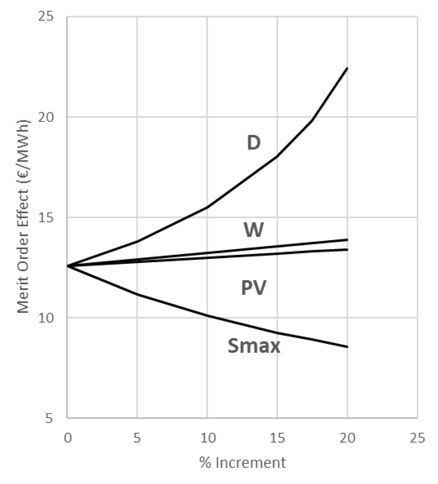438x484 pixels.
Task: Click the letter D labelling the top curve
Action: pyautogui.click(x=253, y=143)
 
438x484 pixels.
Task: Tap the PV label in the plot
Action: pyautogui.click(x=253, y=288)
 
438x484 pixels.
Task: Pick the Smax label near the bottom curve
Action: pyautogui.click(x=254, y=346)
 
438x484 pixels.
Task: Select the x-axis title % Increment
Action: pyautogui.click(x=242, y=463)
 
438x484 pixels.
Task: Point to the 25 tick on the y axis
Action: pyautogui.click(x=46, y=17)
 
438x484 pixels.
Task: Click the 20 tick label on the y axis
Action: pyautogui.click(x=46, y=117)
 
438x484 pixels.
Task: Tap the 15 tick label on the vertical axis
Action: pyautogui.click(x=46, y=217)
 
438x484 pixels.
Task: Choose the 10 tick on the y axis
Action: pyautogui.click(x=46, y=318)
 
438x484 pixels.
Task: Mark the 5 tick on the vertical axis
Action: pyautogui.click(x=49, y=418)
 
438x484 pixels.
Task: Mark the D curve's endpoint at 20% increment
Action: pyautogui.click(x=347, y=68)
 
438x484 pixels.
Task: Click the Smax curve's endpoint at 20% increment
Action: pyautogui.click(x=347, y=347)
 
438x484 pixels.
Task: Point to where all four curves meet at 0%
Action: pyautogui.click(x=68, y=266)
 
